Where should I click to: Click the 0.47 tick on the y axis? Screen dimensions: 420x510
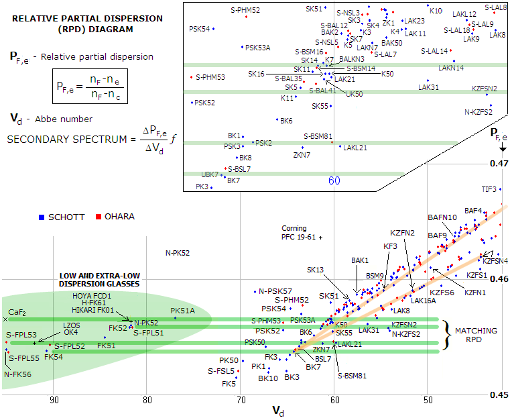494,163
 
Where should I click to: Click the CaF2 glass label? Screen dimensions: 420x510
17,313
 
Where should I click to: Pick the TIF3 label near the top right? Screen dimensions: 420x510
489,189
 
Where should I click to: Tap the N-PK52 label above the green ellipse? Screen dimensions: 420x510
178,253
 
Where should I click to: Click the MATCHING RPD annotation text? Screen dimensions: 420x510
476,335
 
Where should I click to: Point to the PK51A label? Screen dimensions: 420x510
182,311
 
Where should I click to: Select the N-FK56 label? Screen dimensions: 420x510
17,374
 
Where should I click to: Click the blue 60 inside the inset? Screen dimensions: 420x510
334,180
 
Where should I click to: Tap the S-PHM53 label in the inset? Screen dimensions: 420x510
210,77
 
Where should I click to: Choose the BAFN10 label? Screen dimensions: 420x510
442,217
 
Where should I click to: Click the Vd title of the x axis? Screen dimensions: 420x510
277,410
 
